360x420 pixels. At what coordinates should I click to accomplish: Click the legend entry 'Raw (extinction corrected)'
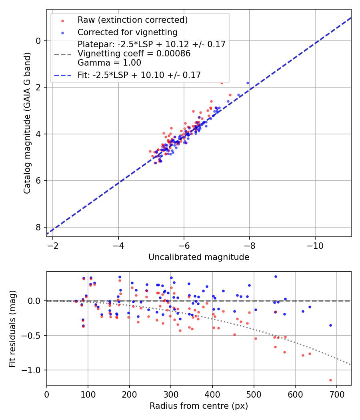click(x=132, y=20)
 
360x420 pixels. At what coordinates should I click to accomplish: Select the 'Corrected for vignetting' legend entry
click(x=127, y=32)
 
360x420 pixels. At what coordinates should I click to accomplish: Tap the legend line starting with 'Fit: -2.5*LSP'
click(x=139, y=75)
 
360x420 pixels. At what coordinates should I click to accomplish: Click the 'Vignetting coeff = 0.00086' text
click(x=134, y=54)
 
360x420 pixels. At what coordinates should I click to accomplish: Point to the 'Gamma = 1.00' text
click(x=109, y=63)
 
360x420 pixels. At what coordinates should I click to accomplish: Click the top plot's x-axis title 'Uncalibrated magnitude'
click(x=199, y=257)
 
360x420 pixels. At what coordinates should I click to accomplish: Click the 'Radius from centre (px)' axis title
click(x=199, y=406)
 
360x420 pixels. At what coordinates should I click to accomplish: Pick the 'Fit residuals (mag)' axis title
click(x=12, y=328)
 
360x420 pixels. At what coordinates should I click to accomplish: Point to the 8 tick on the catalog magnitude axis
click(x=38, y=227)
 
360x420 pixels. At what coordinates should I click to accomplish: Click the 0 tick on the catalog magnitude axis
click(x=38, y=41)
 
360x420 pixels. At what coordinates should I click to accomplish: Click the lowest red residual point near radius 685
click(x=330, y=380)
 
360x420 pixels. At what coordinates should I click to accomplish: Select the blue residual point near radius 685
click(x=330, y=325)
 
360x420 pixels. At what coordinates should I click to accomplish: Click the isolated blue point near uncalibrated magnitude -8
click(x=248, y=83)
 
